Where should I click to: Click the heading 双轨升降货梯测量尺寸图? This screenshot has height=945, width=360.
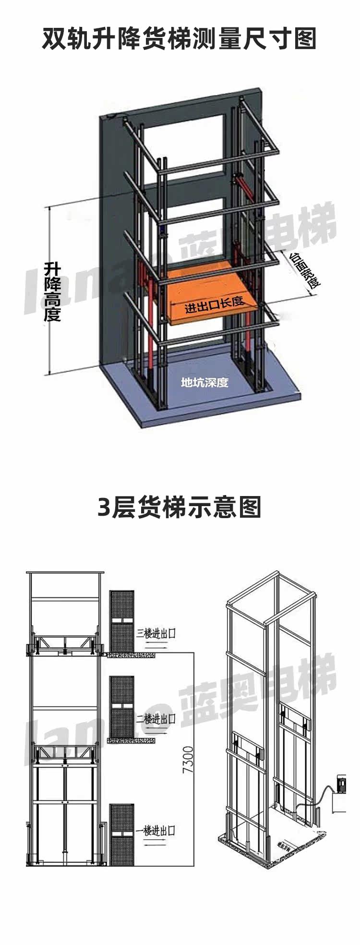coord(180,39)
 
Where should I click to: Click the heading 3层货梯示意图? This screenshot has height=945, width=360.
coord(180,508)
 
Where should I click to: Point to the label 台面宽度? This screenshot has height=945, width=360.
coord(305,271)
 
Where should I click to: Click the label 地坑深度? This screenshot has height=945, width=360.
coord(204,382)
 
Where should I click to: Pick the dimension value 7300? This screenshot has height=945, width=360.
coord(188,759)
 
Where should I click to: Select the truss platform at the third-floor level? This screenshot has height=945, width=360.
coord(64,644)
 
